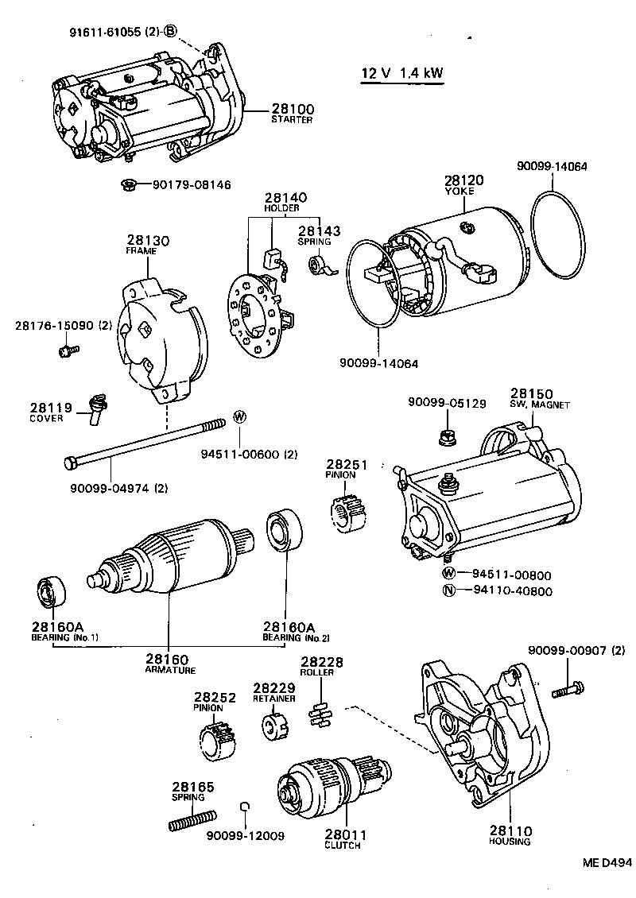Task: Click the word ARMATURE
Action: (x=170, y=670)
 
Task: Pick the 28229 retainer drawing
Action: (x=274, y=724)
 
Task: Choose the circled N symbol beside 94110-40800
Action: (x=449, y=590)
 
